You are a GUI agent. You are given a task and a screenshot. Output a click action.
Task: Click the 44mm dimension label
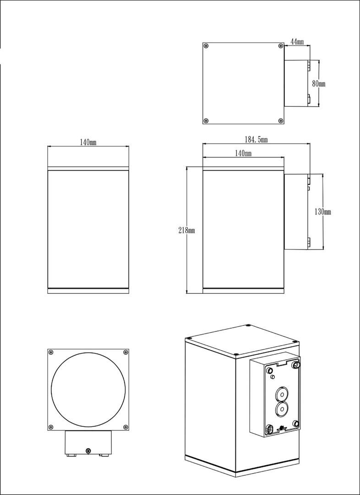(297, 42)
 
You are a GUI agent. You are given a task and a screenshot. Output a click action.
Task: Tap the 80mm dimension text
(319, 84)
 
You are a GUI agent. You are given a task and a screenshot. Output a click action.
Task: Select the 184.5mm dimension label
(256, 139)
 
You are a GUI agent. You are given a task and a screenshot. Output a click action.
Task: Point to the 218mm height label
(186, 231)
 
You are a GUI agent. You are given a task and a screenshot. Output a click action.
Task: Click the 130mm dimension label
(323, 212)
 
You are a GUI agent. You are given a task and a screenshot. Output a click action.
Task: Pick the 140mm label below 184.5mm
(243, 154)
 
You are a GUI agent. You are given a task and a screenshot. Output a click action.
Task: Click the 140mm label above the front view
(88, 143)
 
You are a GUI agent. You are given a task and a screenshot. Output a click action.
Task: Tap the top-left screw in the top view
(206, 46)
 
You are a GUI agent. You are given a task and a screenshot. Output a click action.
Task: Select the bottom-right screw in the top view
(280, 120)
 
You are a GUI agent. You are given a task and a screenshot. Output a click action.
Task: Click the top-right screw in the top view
(280, 46)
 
